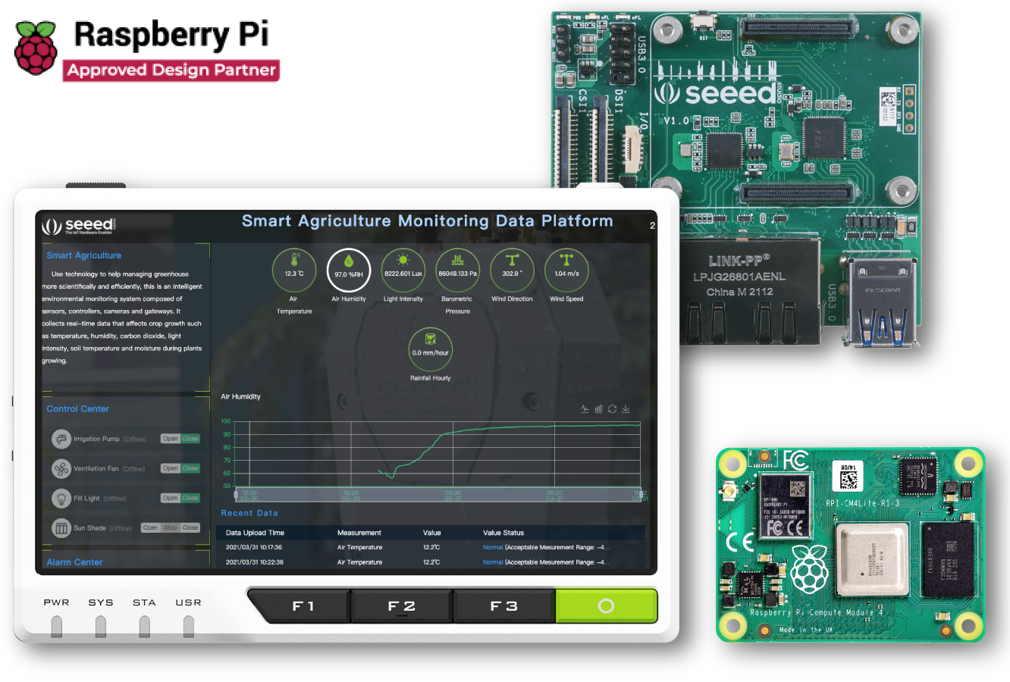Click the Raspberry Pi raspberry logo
(x=36, y=48)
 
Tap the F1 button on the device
(x=303, y=606)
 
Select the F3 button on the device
(x=503, y=606)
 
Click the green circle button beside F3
(x=606, y=606)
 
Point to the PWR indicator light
(x=57, y=626)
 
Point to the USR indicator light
(x=189, y=626)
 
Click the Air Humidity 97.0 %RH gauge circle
(x=349, y=270)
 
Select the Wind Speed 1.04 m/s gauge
(x=566, y=270)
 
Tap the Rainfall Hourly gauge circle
(x=430, y=349)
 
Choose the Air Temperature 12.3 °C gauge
(x=294, y=270)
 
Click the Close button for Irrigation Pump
(x=190, y=439)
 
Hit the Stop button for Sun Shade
(x=171, y=527)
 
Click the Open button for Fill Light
(x=170, y=498)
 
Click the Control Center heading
(x=78, y=409)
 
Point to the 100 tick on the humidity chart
(x=226, y=421)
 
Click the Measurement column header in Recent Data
(x=359, y=533)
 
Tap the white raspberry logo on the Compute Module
(x=810, y=568)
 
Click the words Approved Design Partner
(x=171, y=70)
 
